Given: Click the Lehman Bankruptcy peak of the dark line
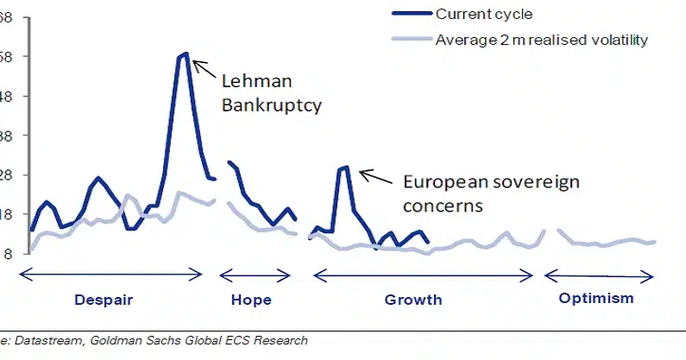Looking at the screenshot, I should pos(184,54).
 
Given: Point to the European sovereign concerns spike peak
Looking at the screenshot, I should pos(344,167).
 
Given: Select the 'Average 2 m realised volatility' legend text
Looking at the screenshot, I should pos(541,40).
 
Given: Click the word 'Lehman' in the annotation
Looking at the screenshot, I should pos(257,82).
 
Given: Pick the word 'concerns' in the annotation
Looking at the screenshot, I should pos(443,206).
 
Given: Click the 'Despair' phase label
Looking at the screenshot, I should pos(104,300).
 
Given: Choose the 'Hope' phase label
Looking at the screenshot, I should pos(251,300).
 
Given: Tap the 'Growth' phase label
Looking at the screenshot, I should pos(412,300).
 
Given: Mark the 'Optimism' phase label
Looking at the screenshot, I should pos(596,299).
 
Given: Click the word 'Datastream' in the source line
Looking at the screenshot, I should pos(42,341).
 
